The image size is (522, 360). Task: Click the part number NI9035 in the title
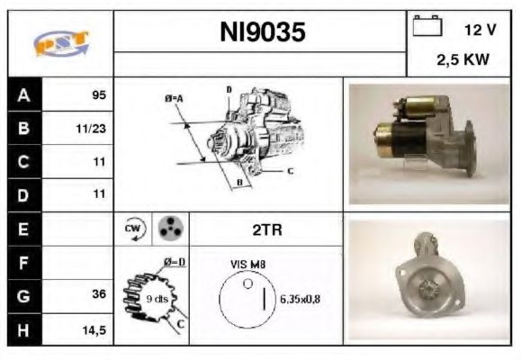262,33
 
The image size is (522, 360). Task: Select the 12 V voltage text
480,30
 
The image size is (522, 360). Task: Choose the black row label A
22,94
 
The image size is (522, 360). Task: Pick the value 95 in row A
98,94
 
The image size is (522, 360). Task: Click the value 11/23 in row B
93,129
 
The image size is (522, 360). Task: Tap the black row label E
22,229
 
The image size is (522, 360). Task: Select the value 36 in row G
98,294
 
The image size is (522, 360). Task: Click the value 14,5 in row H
94,329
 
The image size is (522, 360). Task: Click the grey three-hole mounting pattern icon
168,229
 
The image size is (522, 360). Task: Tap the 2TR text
266,229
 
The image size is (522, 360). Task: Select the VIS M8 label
247,265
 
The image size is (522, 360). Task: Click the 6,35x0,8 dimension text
300,299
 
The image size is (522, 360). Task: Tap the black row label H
22,329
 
